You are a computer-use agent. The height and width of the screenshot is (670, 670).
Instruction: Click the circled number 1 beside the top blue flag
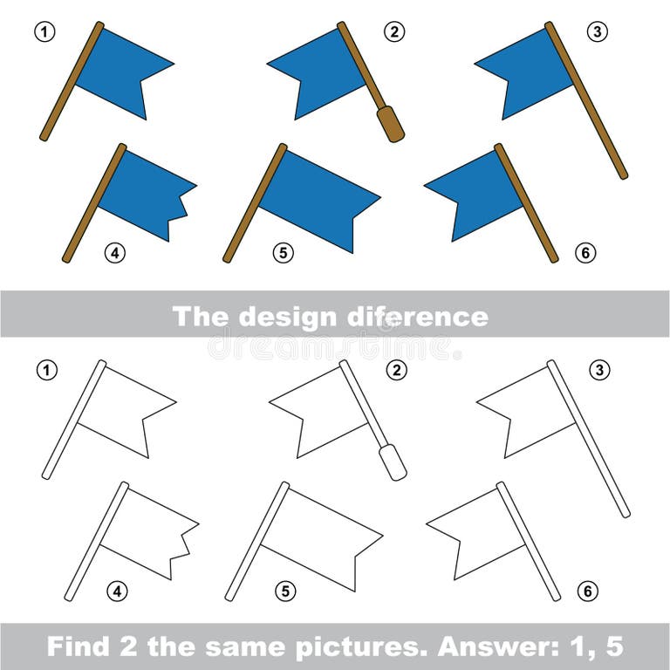pyautogui.click(x=45, y=32)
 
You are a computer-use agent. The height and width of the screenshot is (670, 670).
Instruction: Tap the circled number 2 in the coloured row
pyautogui.click(x=395, y=32)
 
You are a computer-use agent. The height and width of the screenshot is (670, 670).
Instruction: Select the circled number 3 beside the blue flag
pyautogui.click(x=597, y=32)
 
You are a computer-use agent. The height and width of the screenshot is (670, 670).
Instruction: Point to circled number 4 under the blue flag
pyautogui.click(x=115, y=253)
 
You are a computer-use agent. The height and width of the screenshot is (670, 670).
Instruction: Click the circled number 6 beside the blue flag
pyautogui.click(x=586, y=253)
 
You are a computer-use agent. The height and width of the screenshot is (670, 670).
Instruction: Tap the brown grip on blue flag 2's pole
pyautogui.click(x=390, y=124)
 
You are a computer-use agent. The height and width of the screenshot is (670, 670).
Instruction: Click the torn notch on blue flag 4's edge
pyautogui.click(x=183, y=207)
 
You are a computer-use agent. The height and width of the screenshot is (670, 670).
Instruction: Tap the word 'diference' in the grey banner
pyautogui.click(x=428, y=316)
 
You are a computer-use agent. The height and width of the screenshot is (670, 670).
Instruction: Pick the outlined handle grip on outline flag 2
pyautogui.click(x=393, y=461)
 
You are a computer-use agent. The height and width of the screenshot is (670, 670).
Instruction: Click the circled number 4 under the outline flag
pyautogui.click(x=117, y=591)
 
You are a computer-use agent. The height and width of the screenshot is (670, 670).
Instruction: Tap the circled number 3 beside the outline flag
pyautogui.click(x=598, y=371)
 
